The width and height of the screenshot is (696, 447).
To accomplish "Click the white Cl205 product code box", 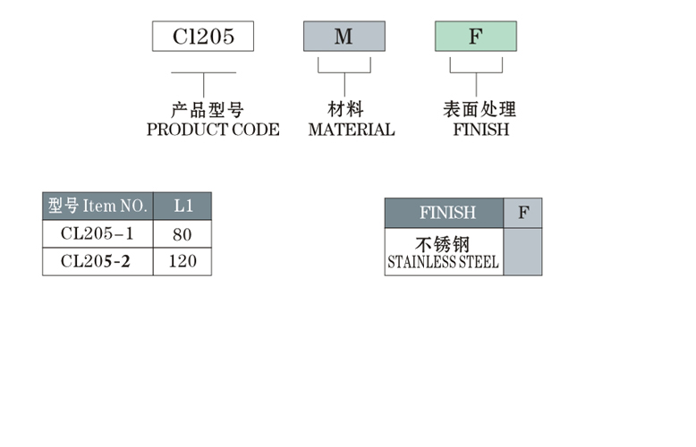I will [x=203, y=36].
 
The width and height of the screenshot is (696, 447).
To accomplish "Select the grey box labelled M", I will [x=344, y=36].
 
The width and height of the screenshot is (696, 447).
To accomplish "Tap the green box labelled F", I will [x=475, y=36].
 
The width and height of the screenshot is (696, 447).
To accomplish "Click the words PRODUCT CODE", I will [x=213, y=130].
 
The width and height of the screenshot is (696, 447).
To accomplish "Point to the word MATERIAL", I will [x=351, y=130].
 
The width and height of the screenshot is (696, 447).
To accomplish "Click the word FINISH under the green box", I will [x=480, y=130].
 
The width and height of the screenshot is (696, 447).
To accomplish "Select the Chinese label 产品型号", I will [x=207, y=111].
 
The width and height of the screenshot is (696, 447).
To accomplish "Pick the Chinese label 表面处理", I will [x=480, y=110].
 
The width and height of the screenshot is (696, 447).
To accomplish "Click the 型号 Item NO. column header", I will [x=98, y=206].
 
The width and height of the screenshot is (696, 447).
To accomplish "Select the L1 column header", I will [x=183, y=206].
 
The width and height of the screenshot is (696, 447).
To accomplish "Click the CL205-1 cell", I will [x=97, y=234].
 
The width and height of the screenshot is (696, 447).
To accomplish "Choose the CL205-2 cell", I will [x=97, y=262].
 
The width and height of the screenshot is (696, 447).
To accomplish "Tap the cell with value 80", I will [x=183, y=234].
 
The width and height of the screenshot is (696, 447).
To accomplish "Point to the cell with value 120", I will [x=183, y=262].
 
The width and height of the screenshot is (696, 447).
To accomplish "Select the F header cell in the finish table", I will [x=523, y=213].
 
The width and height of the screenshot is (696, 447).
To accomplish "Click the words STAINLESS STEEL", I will [x=443, y=264].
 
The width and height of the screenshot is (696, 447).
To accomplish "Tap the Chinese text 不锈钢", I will [x=443, y=244].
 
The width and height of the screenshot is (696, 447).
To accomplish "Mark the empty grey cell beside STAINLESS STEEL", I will [x=523, y=251].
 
